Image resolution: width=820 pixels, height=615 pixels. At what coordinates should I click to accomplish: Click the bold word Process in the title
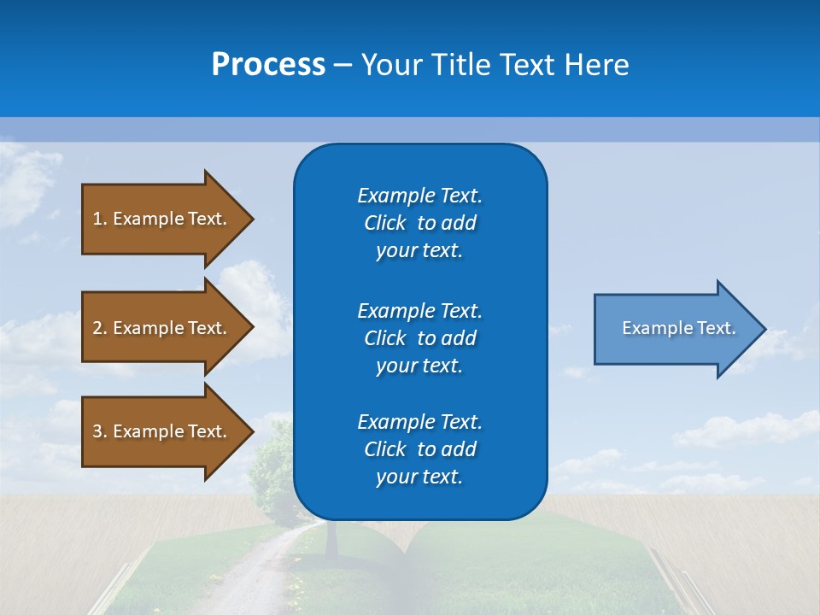(268, 65)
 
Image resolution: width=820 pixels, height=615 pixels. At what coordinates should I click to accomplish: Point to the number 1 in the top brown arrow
(97, 219)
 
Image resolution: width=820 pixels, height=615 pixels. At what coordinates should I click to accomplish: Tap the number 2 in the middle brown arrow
(97, 328)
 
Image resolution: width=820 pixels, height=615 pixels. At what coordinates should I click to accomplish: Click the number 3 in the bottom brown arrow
(97, 431)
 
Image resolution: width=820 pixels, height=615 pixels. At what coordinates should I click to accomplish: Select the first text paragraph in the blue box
(419, 223)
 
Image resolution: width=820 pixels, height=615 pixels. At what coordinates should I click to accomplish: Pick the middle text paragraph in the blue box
(419, 338)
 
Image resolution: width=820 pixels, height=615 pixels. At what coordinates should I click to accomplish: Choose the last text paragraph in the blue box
(419, 449)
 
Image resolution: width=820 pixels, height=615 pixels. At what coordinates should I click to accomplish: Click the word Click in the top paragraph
(385, 223)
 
